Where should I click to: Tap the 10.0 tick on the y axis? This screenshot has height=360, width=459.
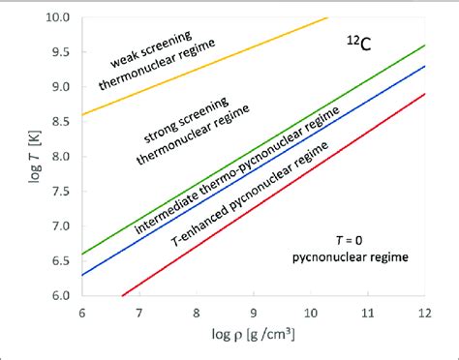tap(60, 17)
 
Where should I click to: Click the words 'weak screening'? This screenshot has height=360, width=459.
tap(150, 55)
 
